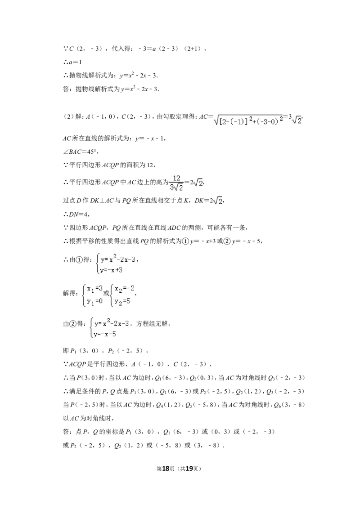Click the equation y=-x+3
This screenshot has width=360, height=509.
pyautogui.click(x=112, y=270)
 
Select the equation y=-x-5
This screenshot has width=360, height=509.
pyautogui.click(x=105, y=334)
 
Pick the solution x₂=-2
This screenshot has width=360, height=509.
pyautogui.click(x=125, y=288)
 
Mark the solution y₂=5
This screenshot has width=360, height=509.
pyautogui.click(x=122, y=302)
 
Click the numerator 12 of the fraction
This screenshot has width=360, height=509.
pyautogui.click(x=176, y=179)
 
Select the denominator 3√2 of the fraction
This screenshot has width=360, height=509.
pyautogui.click(x=176, y=188)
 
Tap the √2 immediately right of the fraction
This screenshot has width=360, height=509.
pyautogui.click(x=199, y=183)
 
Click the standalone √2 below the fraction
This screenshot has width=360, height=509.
pyautogui.click(x=218, y=201)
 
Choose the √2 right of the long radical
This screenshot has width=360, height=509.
pyautogui.click(x=297, y=121)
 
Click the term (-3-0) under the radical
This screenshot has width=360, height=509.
pyautogui.click(x=268, y=121)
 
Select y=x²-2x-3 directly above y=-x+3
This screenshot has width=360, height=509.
pyautogui.click(x=118, y=259)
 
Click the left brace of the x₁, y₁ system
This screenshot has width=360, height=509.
pyautogui.click(x=83, y=295)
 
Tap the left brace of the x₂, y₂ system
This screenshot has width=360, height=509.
pyautogui.click(x=112, y=295)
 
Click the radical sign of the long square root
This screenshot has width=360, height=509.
pyautogui.click(x=216, y=119)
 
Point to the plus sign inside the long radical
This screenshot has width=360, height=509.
pyautogui.click(x=254, y=121)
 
